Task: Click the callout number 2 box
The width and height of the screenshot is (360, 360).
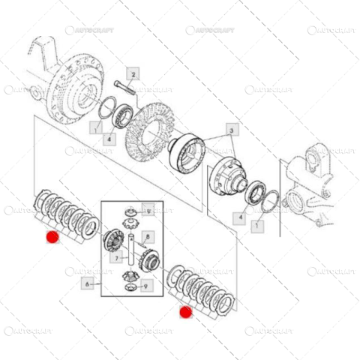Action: pyautogui.click(x=133, y=74)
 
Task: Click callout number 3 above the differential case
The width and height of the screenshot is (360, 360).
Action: pyautogui.click(x=232, y=131)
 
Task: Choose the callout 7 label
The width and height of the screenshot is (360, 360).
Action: pyautogui.click(x=118, y=259)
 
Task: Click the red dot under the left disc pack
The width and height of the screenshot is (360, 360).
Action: pyautogui.click(x=52, y=238)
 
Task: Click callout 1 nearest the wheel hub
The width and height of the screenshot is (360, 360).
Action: pyautogui.click(x=95, y=127)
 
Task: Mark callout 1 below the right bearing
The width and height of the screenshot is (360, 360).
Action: pyautogui.click(x=258, y=224)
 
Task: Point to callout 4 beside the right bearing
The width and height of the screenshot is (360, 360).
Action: pyautogui.click(x=241, y=218)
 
